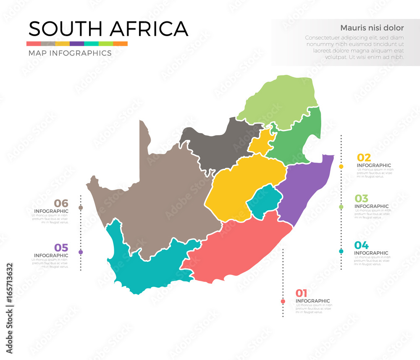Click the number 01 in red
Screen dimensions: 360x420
[x=301, y=293]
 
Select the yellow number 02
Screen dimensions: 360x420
[x=364, y=158]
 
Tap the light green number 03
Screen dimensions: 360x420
[x=361, y=198]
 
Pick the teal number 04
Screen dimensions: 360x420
[x=361, y=245]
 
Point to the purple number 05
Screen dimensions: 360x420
[x=61, y=247]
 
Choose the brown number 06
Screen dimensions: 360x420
[x=61, y=204]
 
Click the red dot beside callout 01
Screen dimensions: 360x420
[x=283, y=301]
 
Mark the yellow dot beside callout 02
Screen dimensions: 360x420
[x=341, y=167]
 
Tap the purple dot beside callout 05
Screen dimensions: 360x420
[x=81, y=252]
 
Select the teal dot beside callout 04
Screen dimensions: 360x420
[x=341, y=251]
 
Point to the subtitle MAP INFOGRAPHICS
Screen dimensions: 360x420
[x=70, y=53]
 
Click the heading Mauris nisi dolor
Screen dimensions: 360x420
[x=372, y=28]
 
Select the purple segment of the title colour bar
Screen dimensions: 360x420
[x=77, y=44]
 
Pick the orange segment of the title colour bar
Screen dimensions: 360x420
[x=120, y=44]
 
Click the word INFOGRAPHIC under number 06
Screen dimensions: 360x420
[x=51, y=211]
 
